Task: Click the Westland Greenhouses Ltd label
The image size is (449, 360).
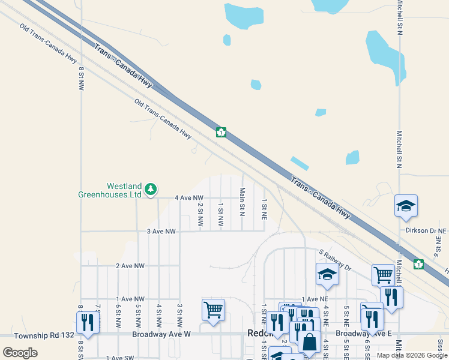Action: pos(110,190)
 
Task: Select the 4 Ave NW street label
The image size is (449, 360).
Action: pos(189,197)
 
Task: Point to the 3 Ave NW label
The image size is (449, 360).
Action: pos(161,231)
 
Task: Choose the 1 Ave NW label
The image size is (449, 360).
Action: pos(130,299)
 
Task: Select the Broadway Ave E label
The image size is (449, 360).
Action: pos(355,333)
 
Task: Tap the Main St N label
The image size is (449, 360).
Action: pos(242,201)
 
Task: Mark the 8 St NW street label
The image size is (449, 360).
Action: pos(80,78)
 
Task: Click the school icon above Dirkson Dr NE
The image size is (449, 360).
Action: pos(406,206)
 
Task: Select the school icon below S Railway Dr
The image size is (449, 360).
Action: pos(327,274)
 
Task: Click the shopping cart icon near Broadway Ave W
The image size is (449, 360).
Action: pos(213,310)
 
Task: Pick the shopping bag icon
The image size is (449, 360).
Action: pos(309,341)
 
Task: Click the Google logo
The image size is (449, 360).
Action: pos(20,353)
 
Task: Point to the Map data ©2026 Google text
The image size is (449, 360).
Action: pos(411,355)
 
